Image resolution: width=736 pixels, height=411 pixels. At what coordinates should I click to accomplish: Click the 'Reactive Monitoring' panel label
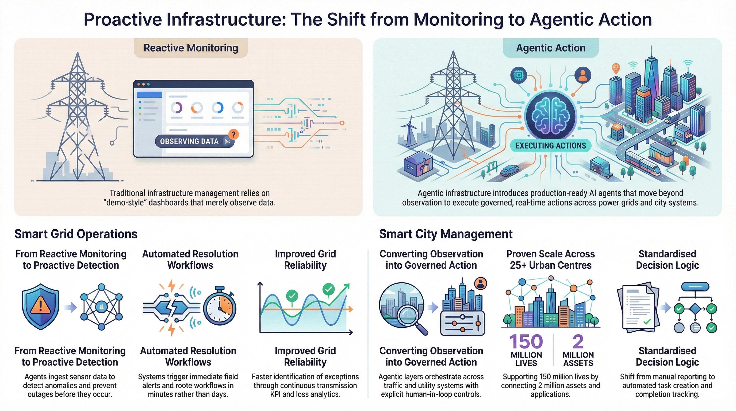(x=191, y=48)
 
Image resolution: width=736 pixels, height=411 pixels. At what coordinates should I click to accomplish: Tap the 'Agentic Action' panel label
(x=551, y=48)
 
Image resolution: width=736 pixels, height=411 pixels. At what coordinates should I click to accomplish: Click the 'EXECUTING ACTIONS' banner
(x=551, y=146)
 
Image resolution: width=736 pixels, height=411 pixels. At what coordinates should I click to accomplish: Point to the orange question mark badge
(x=233, y=134)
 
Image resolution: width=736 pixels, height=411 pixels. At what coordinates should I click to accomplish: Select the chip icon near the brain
(x=518, y=75)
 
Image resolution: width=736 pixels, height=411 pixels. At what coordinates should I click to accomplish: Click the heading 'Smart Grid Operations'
(x=76, y=234)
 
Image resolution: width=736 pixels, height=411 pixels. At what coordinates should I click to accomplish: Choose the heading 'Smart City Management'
(x=446, y=234)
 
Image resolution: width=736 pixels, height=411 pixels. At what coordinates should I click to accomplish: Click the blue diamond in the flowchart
(x=695, y=309)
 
